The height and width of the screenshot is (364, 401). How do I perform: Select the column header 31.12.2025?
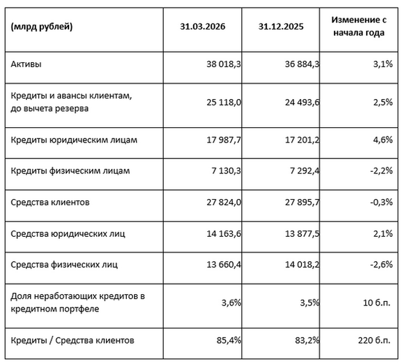click(x=282, y=27)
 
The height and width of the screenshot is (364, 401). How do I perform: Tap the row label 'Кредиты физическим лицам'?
click(x=70, y=171)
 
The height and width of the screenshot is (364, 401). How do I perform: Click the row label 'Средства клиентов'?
click(x=50, y=202)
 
